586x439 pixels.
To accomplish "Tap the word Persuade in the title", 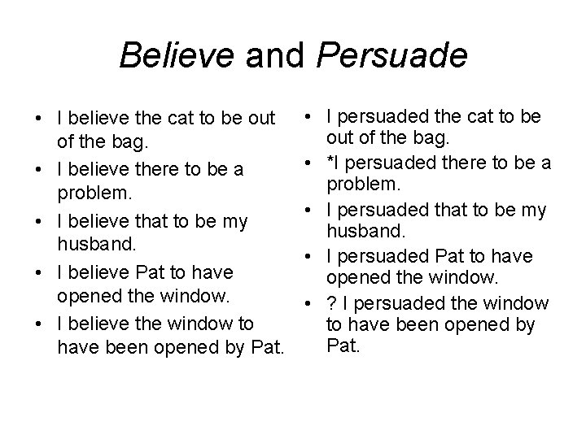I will pos(391,56).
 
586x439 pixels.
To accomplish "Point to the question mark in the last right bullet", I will pos(330,303).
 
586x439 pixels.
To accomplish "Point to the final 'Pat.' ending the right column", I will pos(342,347).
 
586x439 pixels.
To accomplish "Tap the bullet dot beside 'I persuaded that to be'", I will pos(309,211).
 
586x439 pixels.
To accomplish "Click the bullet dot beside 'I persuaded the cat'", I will pos(309,118).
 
